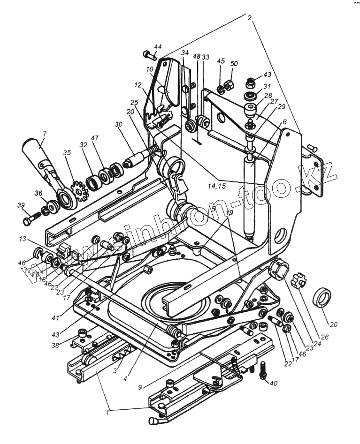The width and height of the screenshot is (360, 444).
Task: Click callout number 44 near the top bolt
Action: pyautogui.click(x=157, y=47)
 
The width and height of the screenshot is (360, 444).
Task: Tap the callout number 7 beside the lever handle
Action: pyautogui.click(x=44, y=134)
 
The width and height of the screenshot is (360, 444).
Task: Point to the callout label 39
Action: pyautogui.click(x=21, y=205)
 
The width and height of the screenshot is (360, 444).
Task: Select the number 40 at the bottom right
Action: pyautogui.click(x=274, y=383)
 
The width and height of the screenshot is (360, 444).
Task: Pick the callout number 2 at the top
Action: pyautogui.click(x=250, y=18)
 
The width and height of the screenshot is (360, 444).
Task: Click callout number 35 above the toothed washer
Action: pyautogui.click(x=67, y=152)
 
